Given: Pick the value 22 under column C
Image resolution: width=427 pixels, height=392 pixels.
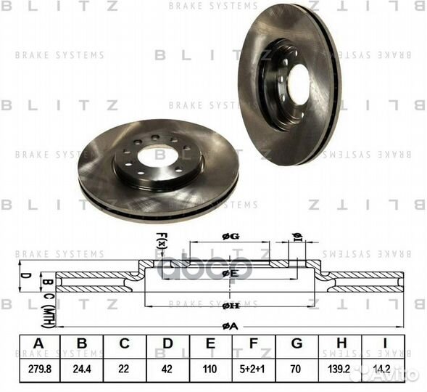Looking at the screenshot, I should pyautogui.click(x=124, y=368).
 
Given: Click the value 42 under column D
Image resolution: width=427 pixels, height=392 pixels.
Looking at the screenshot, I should pyautogui.click(x=167, y=368).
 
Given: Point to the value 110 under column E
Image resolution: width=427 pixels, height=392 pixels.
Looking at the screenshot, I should pyautogui.click(x=210, y=368).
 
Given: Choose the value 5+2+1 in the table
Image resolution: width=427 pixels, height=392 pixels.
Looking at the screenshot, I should pyautogui.click(x=253, y=368).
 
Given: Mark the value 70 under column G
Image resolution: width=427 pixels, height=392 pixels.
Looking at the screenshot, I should pyautogui.click(x=296, y=368).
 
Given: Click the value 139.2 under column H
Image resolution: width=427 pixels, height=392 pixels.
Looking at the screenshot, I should pyautogui.click(x=339, y=368).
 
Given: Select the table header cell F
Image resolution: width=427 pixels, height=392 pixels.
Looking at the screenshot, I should pyautogui.click(x=253, y=344).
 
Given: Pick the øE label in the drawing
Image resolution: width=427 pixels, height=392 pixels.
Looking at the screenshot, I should pyautogui.click(x=230, y=273).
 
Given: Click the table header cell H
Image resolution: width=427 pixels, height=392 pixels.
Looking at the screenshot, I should pyautogui.click(x=339, y=344).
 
